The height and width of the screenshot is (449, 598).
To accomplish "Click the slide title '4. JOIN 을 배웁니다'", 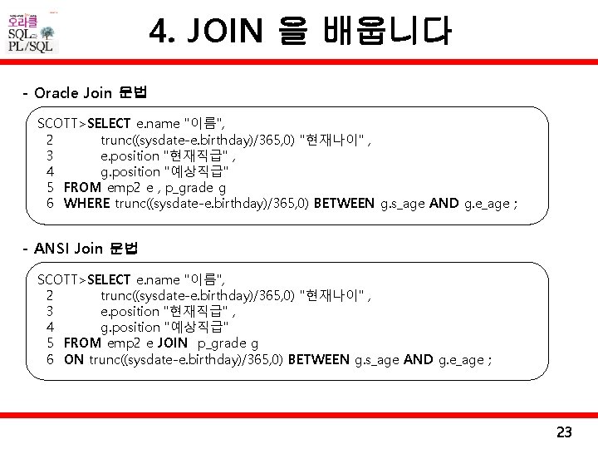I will pos(301,32).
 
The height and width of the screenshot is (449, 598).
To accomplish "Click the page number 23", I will pos(564,432).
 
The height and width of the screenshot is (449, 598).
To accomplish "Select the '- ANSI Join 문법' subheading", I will pos(81,248).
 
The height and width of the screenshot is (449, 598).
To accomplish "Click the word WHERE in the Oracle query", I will pos(86,204).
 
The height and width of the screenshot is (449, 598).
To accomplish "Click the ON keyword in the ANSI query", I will pos(74,359).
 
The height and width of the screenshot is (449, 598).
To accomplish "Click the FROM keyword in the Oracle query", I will pos(82,187).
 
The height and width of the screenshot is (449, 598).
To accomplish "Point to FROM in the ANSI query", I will pos(82,343).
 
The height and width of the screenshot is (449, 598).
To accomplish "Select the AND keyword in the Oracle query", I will pos(444,204).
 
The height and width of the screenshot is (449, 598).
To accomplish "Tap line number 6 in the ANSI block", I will pos(51,359).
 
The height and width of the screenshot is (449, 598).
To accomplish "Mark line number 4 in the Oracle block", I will pos(51,171).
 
